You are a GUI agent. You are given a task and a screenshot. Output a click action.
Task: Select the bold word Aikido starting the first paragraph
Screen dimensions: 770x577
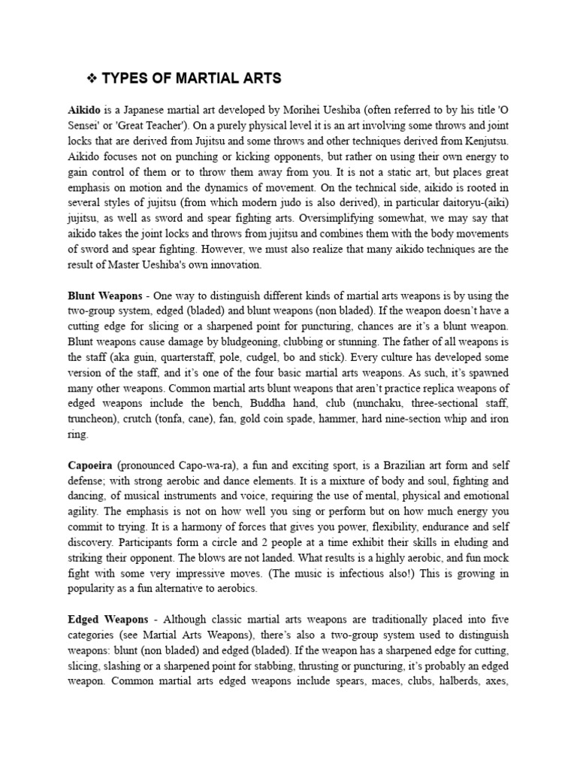[x=84, y=110]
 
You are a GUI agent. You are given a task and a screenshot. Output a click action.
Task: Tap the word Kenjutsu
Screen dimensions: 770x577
[x=485, y=141]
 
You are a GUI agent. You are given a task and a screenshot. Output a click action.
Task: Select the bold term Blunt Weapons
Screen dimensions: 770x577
[x=104, y=296]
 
